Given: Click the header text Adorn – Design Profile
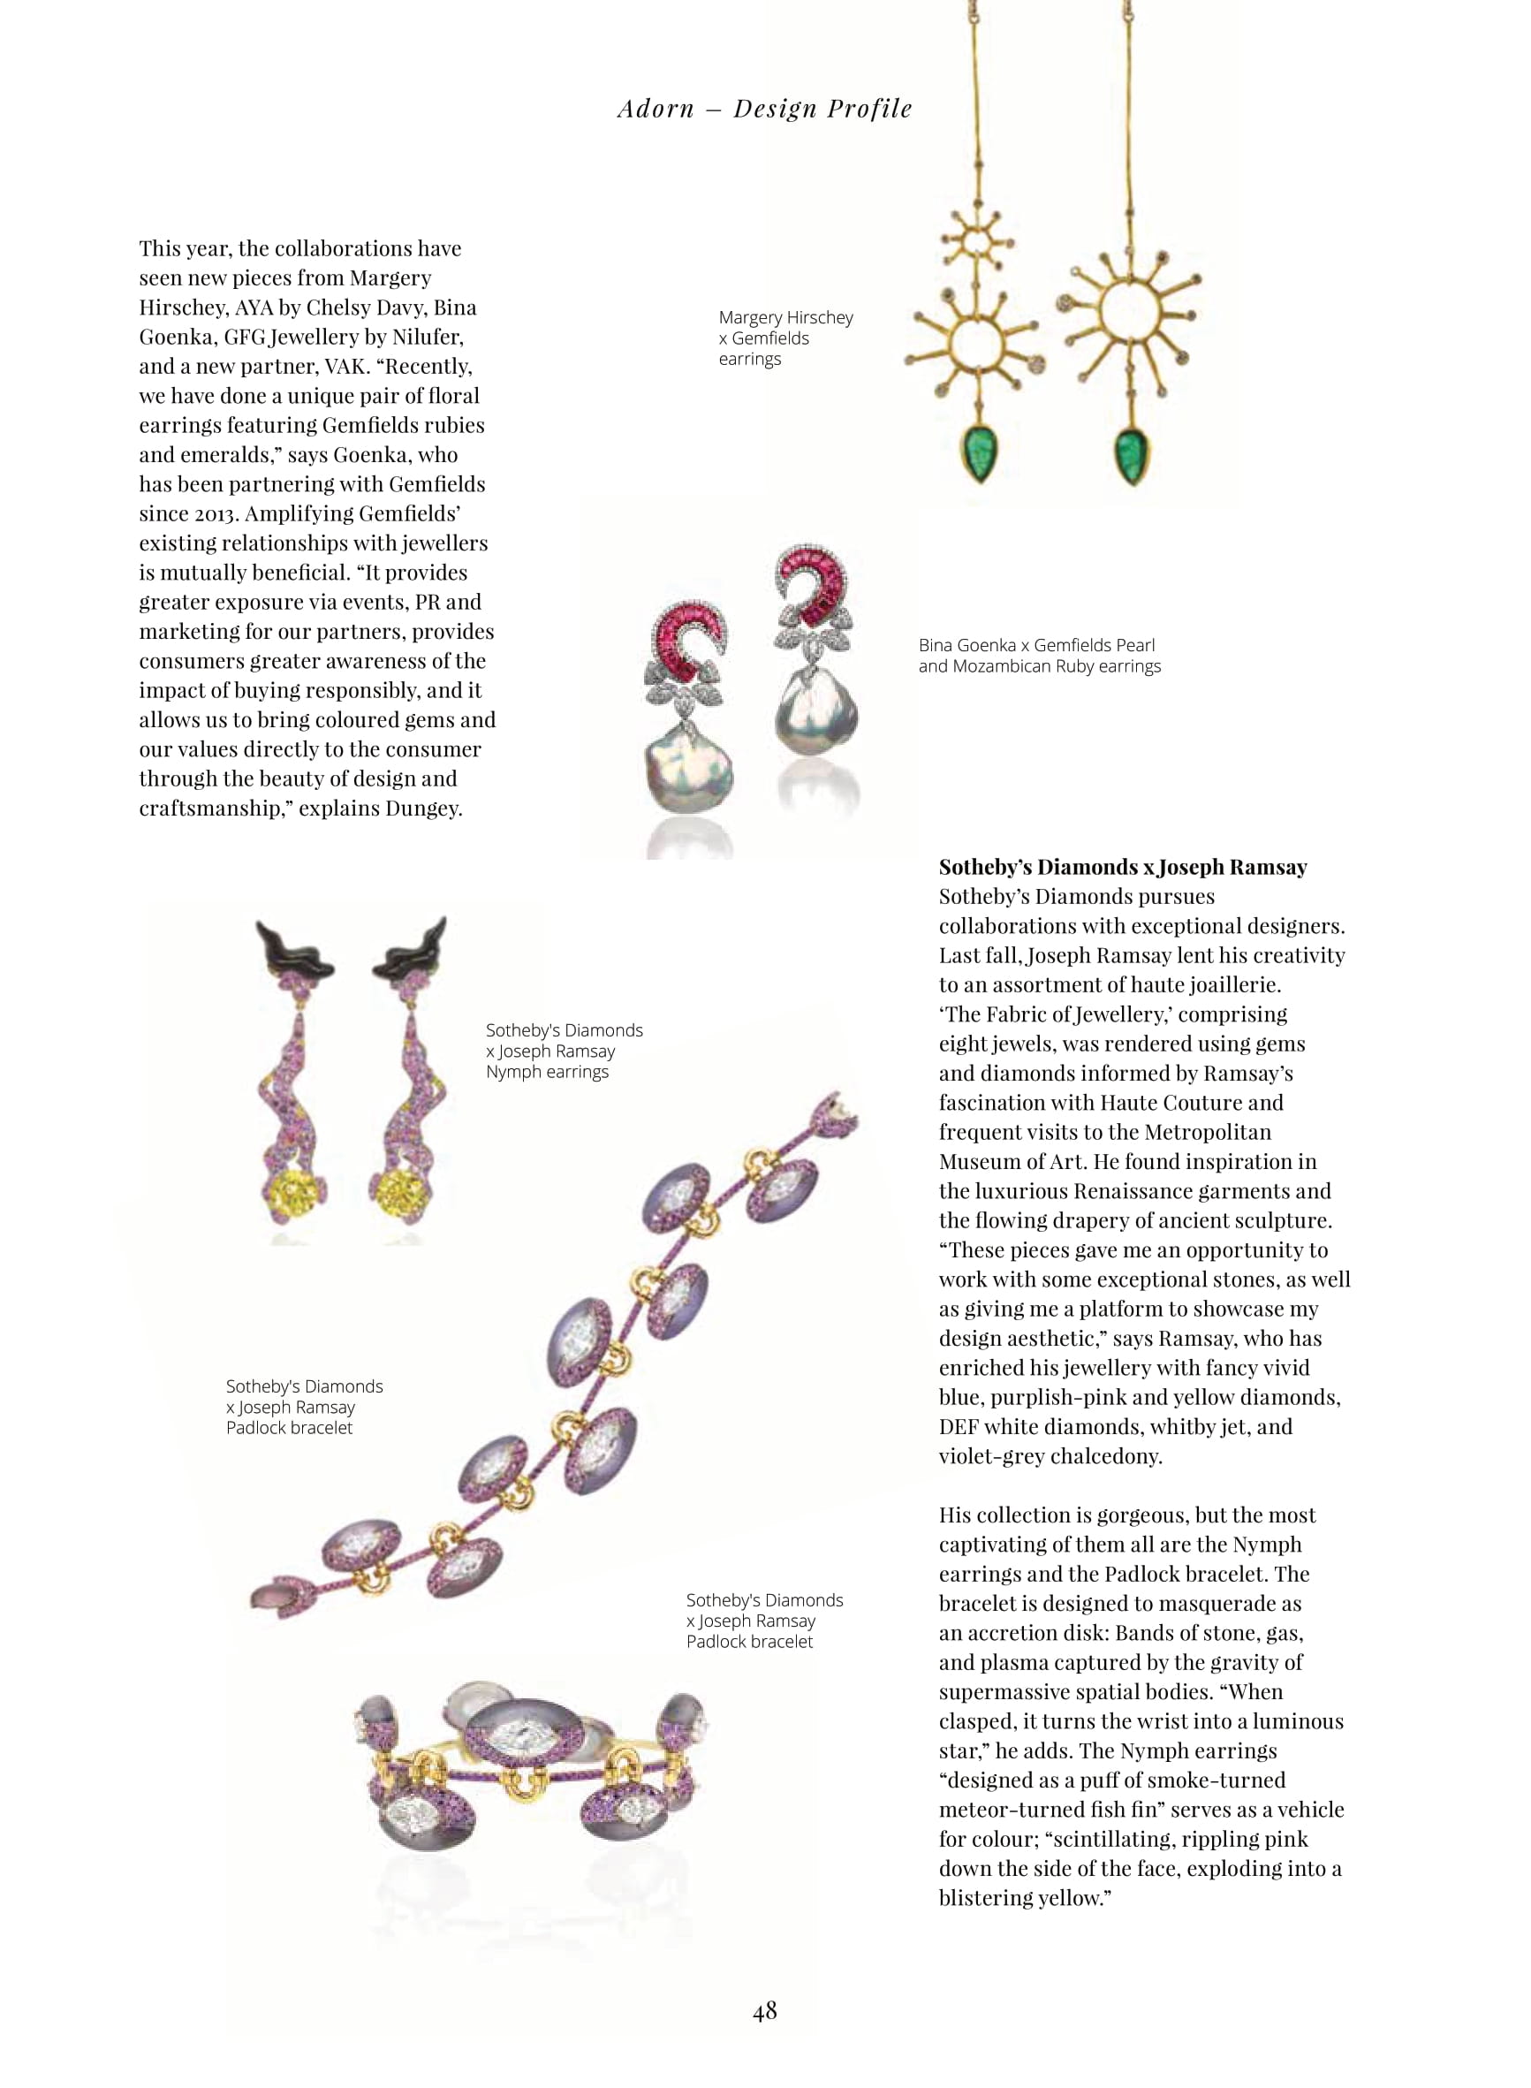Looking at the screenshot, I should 764,110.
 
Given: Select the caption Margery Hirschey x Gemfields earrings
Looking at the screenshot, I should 785,338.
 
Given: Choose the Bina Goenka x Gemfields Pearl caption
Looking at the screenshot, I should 1039,656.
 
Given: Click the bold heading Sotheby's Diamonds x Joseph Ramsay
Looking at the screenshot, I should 1122,868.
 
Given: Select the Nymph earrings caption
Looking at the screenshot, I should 564,1051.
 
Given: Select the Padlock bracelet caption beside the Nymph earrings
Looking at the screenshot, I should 304,1407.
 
